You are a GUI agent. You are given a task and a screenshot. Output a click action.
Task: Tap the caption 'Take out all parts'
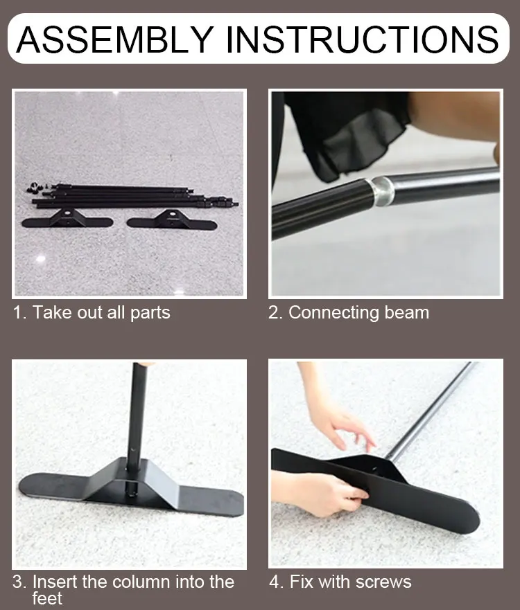(101, 312)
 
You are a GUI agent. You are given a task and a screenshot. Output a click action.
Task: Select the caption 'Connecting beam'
(358, 312)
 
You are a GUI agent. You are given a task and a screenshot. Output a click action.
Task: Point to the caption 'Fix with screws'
(350, 581)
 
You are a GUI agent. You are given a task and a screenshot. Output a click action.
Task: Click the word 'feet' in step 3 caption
(47, 598)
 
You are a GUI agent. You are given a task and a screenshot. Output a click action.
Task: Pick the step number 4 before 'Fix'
(275, 581)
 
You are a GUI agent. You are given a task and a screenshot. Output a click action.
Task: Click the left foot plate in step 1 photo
(67, 220)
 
